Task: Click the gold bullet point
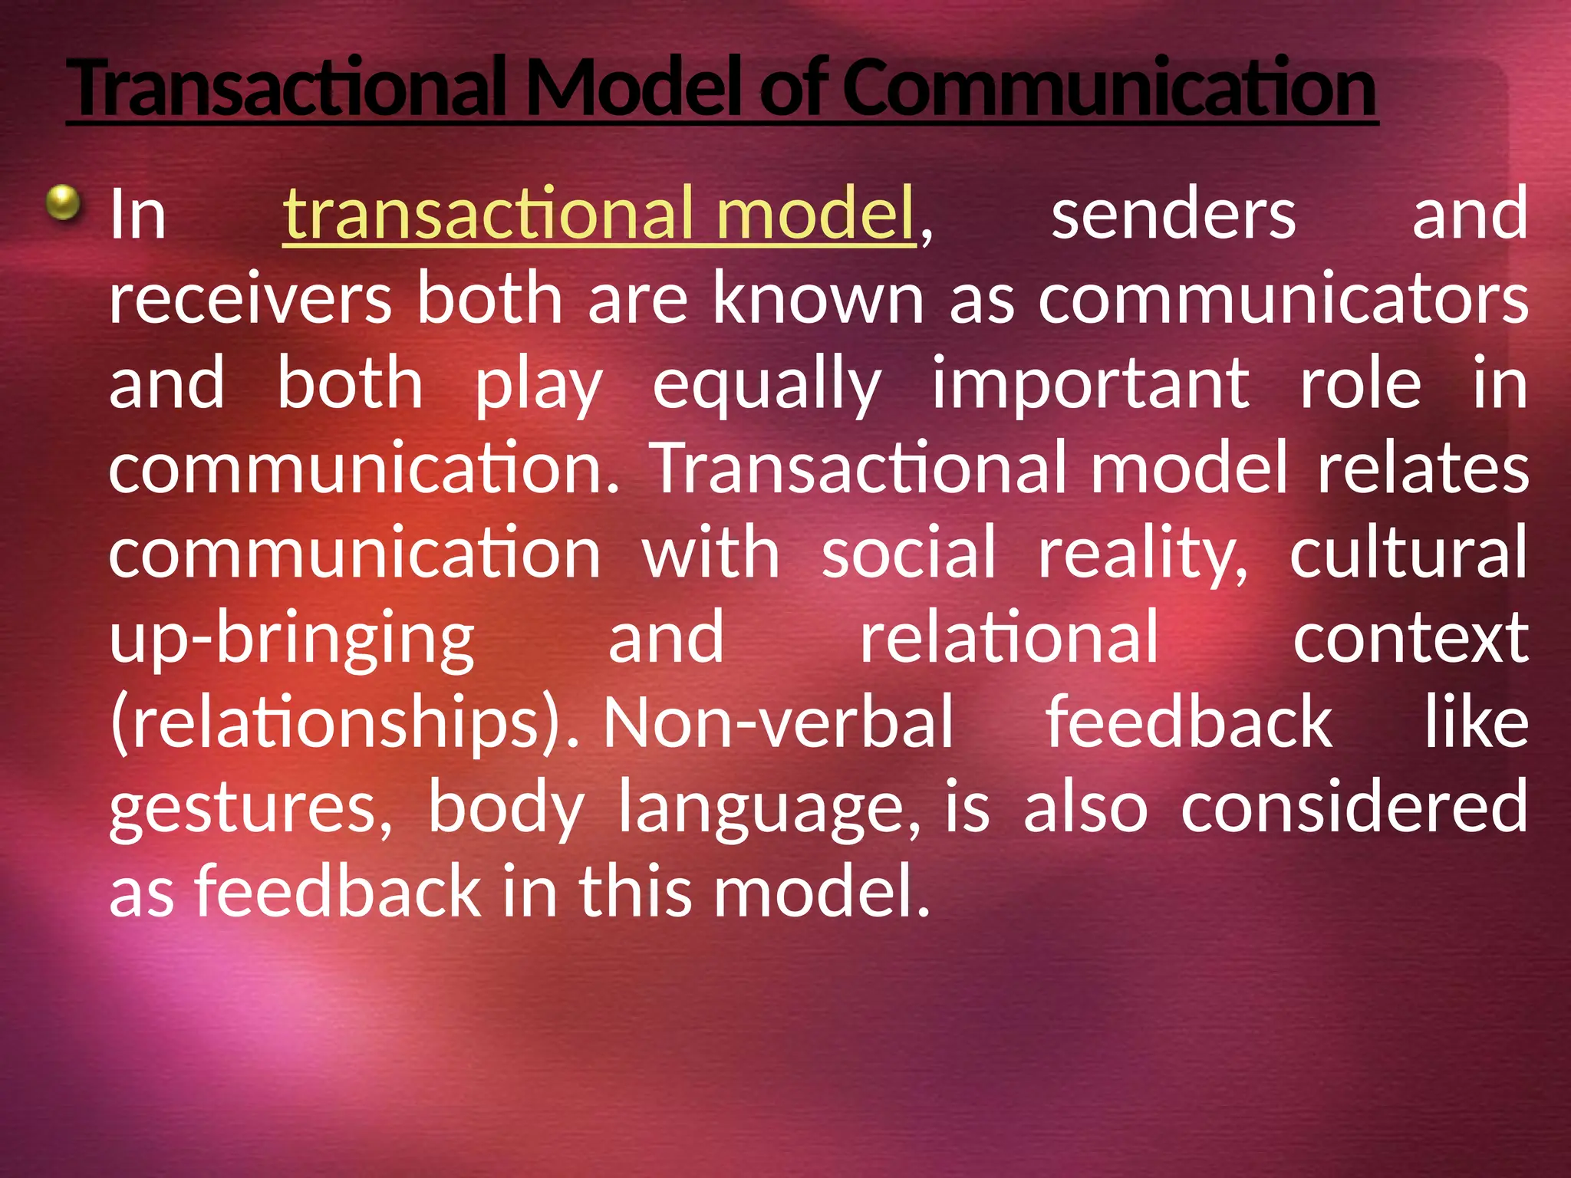[x=63, y=203]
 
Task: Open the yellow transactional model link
[x=599, y=214]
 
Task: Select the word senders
[x=1174, y=215]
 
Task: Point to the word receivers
[x=250, y=299]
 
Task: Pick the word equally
[x=766, y=383]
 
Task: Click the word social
[x=908, y=552]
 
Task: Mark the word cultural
[x=1408, y=552]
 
